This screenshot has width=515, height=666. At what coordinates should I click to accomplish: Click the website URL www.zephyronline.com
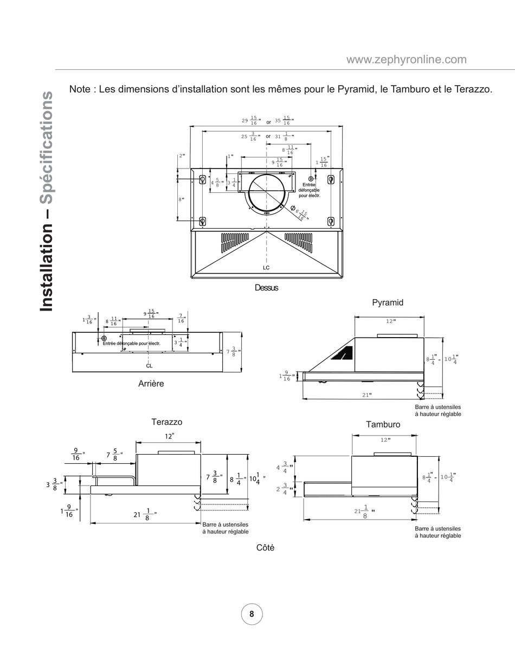pyautogui.click(x=407, y=60)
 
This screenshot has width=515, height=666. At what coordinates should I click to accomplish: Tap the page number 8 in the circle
pyautogui.click(x=252, y=614)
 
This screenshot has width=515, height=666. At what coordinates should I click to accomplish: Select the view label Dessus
pyautogui.click(x=266, y=288)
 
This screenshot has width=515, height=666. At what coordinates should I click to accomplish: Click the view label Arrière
pyautogui.click(x=151, y=384)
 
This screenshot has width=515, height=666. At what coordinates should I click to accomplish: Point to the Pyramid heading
pyautogui.click(x=388, y=302)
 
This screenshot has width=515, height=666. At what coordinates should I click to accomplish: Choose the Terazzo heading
pyautogui.click(x=167, y=422)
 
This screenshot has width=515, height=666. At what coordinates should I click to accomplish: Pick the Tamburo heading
pyautogui.click(x=383, y=424)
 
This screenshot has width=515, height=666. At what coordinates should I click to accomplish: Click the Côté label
pyautogui.click(x=265, y=548)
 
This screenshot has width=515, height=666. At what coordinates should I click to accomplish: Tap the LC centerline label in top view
pyautogui.click(x=266, y=268)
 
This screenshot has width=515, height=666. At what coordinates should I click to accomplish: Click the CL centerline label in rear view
pyautogui.click(x=149, y=366)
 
